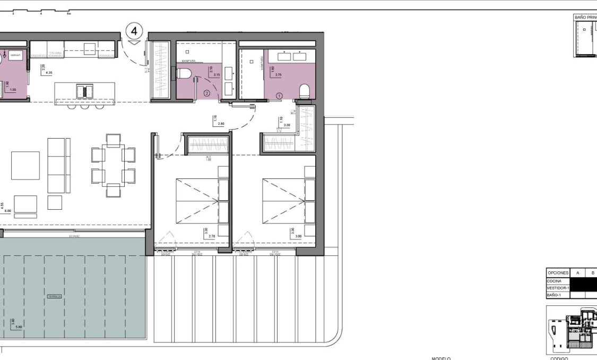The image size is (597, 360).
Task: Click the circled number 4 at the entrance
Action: [x=134, y=31]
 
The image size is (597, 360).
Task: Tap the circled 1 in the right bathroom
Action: [x=280, y=95]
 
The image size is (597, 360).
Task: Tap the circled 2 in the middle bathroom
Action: [x=207, y=93]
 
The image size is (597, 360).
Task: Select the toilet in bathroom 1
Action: [x=304, y=91]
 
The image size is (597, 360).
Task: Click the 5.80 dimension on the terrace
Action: [x=19, y=327]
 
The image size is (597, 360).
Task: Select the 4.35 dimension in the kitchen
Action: [x=49, y=73]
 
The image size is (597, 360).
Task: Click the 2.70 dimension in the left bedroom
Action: [x=212, y=236]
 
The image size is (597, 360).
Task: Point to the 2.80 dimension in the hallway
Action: [x=221, y=124]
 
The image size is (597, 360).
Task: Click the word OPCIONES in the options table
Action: [x=558, y=273]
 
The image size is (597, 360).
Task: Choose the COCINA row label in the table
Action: [x=555, y=280]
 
